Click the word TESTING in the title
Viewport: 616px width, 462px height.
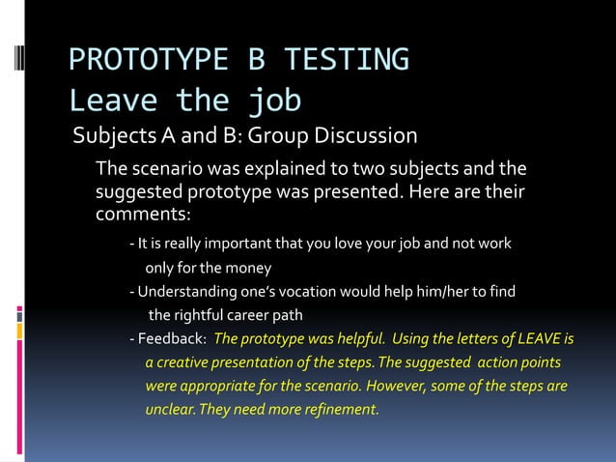(345, 60)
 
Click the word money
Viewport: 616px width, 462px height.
(247, 267)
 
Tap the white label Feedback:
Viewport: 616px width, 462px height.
(172, 339)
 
